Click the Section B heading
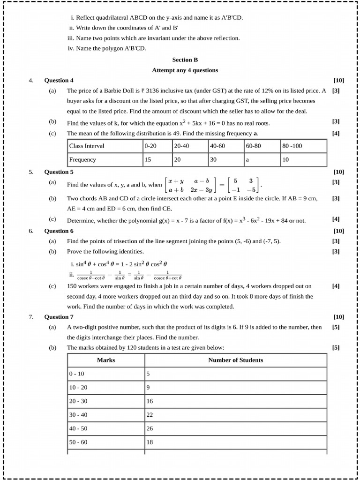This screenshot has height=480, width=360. pyautogui.click(x=185, y=60)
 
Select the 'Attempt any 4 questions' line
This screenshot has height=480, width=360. pyautogui.click(x=185, y=70)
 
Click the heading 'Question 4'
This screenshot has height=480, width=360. pyautogui.click(x=59, y=80)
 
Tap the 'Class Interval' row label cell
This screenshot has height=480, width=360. pyautogui.click(x=87, y=146)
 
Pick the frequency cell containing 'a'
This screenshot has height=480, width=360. pyautogui.click(x=247, y=160)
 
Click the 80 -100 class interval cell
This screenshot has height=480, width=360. pyautogui.click(x=292, y=146)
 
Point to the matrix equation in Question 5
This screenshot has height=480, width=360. pyautogui.click(x=211, y=185)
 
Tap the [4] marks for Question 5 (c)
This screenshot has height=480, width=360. pyautogui.click(x=336, y=219)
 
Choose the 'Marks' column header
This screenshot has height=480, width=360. pyautogui.click(x=106, y=360)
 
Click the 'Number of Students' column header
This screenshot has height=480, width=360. pyautogui.click(x=235, y=360)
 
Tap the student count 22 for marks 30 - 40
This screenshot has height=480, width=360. pyautogui.click(x=150, y=415)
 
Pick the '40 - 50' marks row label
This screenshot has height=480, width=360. pyautogui.click(x=78, y=428)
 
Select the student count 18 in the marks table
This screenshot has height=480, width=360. pyautogui.click(x=150, y=442)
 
